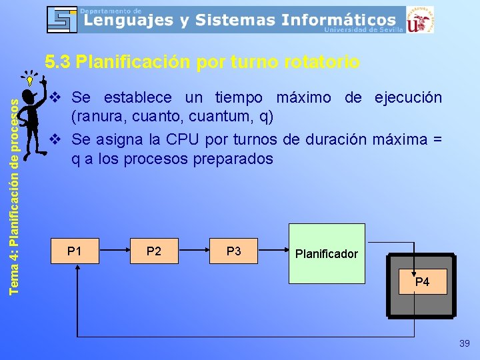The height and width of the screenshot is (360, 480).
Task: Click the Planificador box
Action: point(327,253)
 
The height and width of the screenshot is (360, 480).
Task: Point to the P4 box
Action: point(422,282)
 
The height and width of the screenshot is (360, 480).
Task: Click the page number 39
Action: point(465,343)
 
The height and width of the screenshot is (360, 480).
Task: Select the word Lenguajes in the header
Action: point(127,21)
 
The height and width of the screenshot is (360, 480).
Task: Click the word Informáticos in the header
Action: point(338,21)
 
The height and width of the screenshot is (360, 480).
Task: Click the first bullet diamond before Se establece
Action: point(57,97)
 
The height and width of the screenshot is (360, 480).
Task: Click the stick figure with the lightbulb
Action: point(32,110)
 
